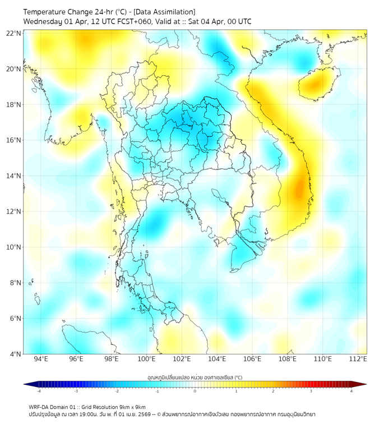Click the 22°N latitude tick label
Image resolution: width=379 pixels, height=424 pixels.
point(14,33)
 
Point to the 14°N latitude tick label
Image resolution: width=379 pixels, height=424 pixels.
point(14,176)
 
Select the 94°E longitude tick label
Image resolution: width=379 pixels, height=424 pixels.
point(41,359)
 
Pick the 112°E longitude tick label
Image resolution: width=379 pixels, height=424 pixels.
point(358,359)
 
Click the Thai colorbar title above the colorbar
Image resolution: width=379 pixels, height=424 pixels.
point(195,377)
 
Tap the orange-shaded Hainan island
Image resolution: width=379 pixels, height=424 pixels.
point(316,84)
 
